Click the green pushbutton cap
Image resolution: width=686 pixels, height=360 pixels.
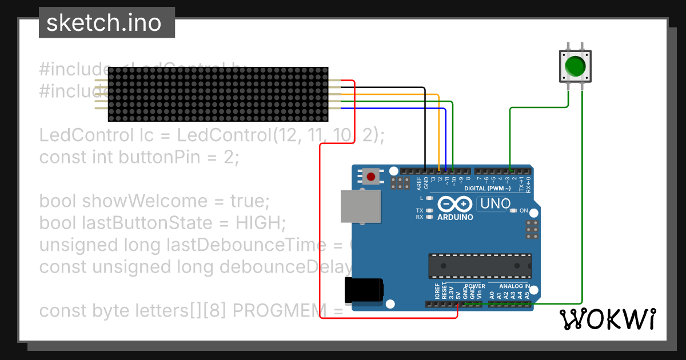pyautogui.click(x=575, y=66)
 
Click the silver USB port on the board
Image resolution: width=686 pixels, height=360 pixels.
pyautogui.click(x=360, y=206)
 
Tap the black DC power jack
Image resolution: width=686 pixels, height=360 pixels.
pyautogui.click(x=363, y=290)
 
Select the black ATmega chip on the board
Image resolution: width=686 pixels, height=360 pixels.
pyautogui.click(x=480, y=266)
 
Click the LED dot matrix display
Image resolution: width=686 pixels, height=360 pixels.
pyautogui.click(x=218, y=94)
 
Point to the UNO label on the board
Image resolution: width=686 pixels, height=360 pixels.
pyautogui.click(x=495, y=203)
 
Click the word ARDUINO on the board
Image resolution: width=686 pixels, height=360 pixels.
pyautogui.click(x=455, y=217)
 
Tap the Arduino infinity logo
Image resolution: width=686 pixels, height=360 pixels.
pyautogui.click(x=454, y=204)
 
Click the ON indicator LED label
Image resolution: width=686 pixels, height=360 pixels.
pyautogui.click(x=524, y=211)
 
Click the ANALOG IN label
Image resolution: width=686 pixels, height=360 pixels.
pyautogui.click(x=514, y=286)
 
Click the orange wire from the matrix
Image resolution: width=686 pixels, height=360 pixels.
pyautogui.click(x=400, y=94)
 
